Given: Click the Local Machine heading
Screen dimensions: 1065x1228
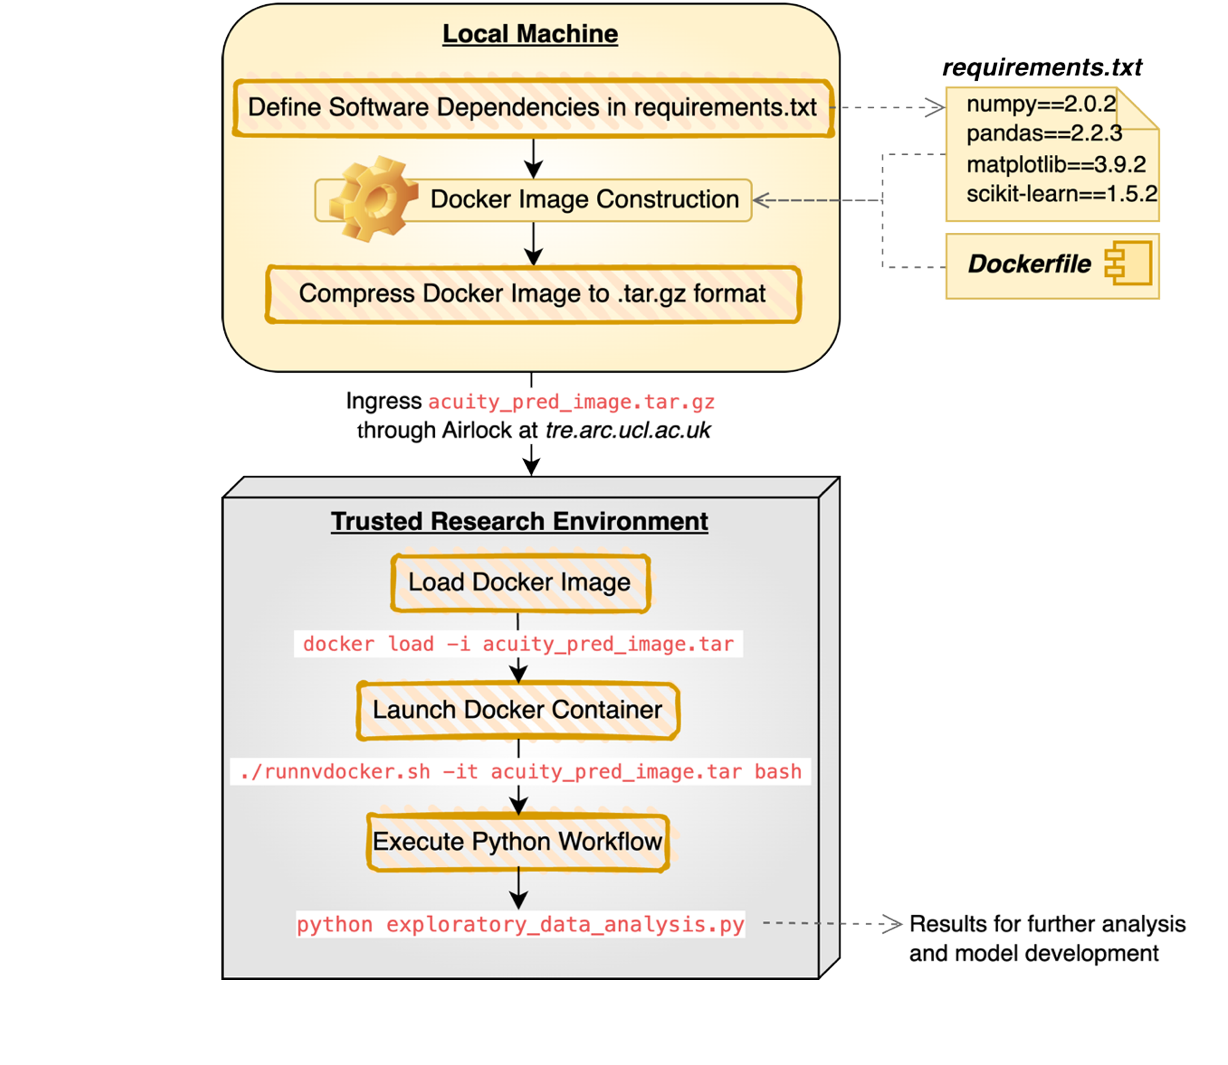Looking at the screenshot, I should [x=530, y=34].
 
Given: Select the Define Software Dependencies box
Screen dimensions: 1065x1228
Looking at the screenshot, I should [x=533, y=107].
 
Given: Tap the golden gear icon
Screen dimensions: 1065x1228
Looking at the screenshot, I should [x=373, y=200].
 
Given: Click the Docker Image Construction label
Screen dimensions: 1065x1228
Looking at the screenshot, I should [x=584, y=200].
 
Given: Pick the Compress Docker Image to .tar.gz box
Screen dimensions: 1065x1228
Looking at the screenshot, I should [x=533, y=294].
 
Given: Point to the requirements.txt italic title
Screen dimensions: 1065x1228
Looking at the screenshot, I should [x=1042, y=68].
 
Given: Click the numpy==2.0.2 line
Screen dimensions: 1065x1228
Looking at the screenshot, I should [x=1041, y=104].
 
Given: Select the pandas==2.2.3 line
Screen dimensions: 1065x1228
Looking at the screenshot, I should [x=1044, y=133].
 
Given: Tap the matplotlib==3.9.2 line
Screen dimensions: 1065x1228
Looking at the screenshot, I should [x=1055, y=164].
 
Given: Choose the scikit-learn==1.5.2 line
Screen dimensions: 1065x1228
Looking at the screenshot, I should [x=1061, y=194].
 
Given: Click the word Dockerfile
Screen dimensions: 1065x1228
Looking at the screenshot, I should [x=1029, y=264].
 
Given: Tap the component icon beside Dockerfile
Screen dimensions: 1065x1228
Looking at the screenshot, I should [x=1128, y=264].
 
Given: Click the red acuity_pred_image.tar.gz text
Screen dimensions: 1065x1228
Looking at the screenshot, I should [x=571, y=402].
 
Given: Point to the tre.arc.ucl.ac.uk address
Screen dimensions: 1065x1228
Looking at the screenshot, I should [x=628, y=431].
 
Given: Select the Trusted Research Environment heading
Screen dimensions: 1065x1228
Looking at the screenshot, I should [x=519, y=522].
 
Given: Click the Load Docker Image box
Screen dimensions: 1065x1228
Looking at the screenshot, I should [x=520, y=583].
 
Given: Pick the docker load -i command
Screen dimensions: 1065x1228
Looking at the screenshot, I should [x=518, y=644].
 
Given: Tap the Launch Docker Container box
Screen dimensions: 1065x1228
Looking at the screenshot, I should [x=518, y=710].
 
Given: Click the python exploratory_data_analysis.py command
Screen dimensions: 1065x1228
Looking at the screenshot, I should [x=520, y=924].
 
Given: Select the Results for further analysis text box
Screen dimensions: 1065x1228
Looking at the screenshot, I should [x=1049, y=938].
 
